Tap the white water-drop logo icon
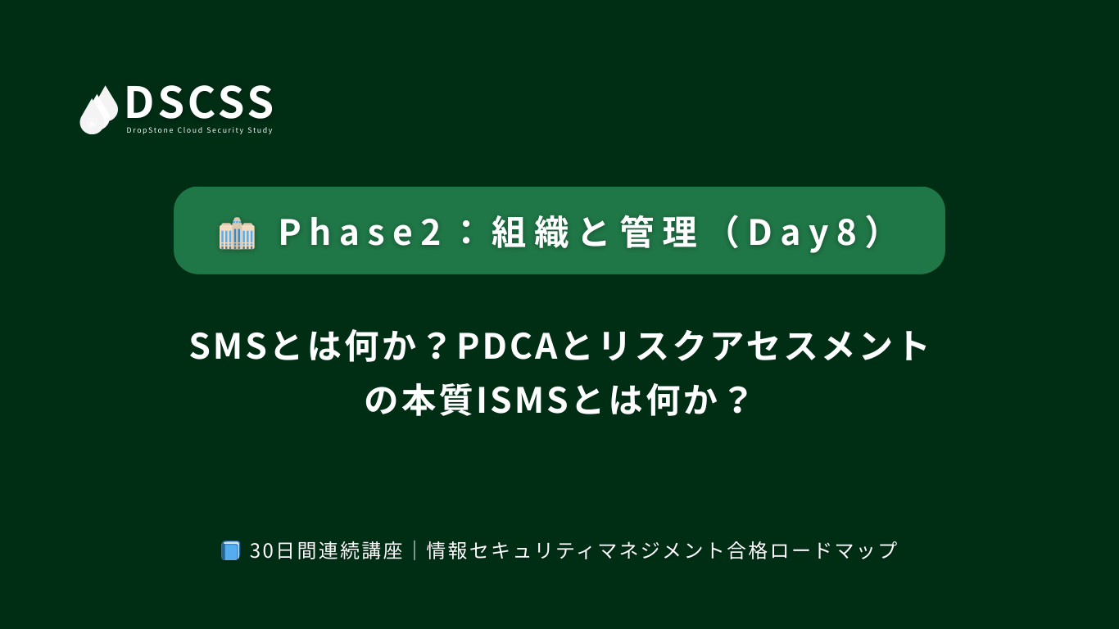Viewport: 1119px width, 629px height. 99,110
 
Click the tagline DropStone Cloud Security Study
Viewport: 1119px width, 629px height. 199,130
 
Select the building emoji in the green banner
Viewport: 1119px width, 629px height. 237,233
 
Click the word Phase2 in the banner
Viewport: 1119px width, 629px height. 360,232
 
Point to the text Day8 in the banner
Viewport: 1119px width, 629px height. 803,232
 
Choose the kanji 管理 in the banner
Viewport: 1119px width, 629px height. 659,233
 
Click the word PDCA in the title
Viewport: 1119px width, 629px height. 508,346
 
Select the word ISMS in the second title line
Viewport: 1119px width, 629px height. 523,400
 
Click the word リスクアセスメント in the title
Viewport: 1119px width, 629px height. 763,346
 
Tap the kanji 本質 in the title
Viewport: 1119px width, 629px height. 437,400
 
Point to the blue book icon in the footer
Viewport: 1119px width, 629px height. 230,550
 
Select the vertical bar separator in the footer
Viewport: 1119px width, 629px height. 415,550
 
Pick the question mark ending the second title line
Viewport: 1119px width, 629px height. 738,400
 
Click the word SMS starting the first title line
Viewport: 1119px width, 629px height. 229,346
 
